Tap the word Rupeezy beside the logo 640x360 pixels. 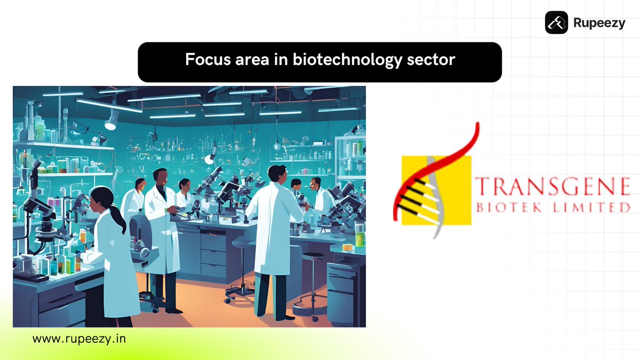[x=599, y=23]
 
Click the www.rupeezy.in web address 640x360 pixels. [x=79, y=339]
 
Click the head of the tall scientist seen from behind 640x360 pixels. [x=276, y=174]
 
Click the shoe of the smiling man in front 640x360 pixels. [x=173, y=310]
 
